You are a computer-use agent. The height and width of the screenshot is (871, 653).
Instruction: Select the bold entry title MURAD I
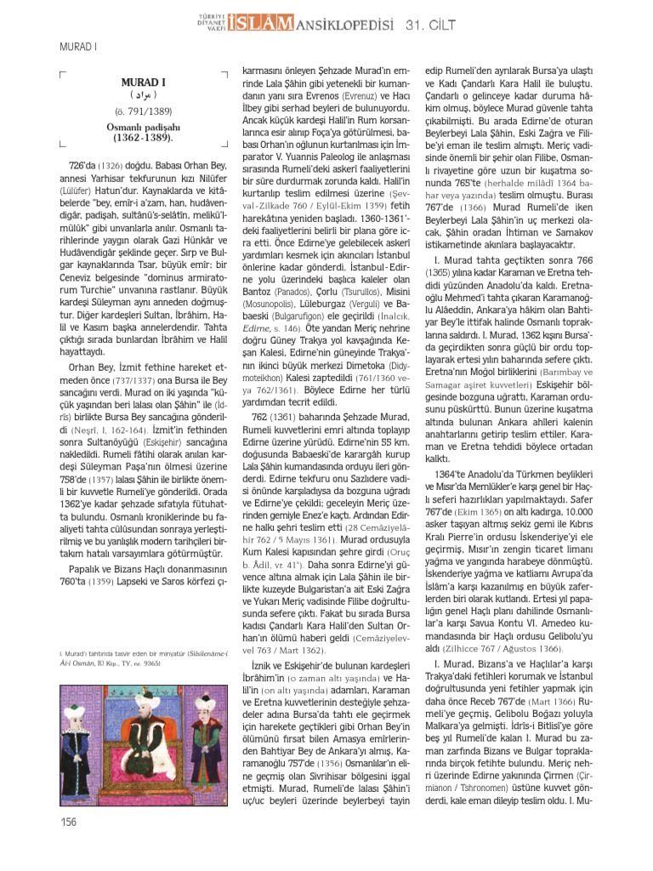tap(144, 83)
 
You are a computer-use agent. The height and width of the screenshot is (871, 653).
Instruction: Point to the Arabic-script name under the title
tap(144, 97)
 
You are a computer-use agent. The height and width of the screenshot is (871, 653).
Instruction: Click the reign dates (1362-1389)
tap(144, 137)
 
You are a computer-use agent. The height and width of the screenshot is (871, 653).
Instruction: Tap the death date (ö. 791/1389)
tap(144, 111)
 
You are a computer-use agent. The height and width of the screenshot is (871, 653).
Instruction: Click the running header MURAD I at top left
tap(77, 48)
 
